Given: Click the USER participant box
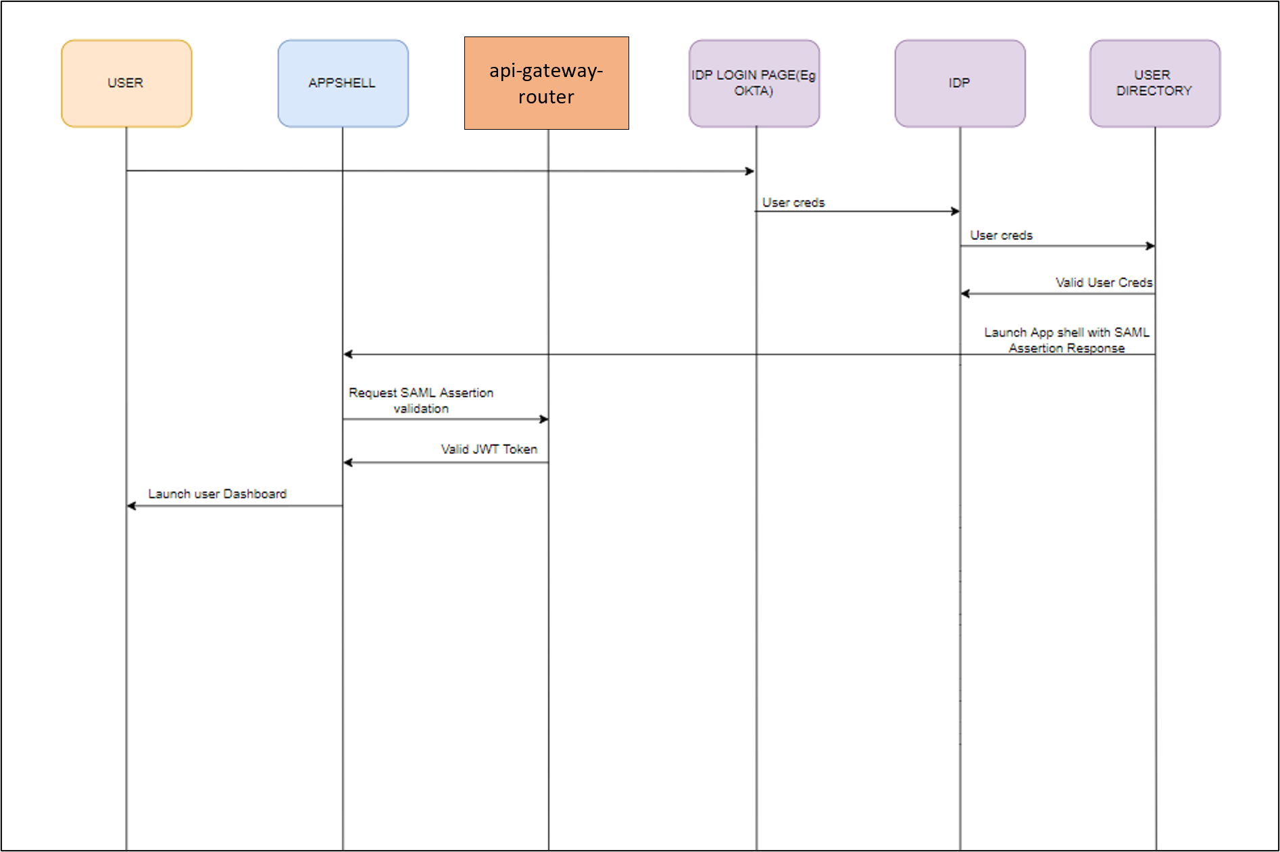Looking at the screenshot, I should (126, 83).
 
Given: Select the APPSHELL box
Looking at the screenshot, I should (343, 83).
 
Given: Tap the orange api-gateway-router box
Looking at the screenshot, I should (546, 83).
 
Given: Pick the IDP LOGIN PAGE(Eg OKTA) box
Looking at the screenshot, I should (754, 83).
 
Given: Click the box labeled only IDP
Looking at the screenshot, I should (960, 83).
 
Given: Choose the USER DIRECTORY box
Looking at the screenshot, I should (1154, 83).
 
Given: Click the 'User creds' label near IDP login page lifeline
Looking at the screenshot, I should (793, 203).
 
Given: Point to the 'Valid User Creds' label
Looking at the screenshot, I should (1104, 282).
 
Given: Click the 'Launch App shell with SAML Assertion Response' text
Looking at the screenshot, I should (1066, 341).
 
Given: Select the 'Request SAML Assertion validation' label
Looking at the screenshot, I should (421, 401).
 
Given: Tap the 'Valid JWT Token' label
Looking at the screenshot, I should (489, 449).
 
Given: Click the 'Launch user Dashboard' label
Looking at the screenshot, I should (218, 494).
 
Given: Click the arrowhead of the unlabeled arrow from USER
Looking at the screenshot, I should (749, 171).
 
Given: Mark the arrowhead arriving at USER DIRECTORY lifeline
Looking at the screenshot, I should (1150, 246).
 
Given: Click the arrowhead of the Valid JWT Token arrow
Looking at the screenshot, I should (348, 462).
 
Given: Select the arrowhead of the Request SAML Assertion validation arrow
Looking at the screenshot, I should (543, 419).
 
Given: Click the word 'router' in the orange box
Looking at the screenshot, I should (546, 97).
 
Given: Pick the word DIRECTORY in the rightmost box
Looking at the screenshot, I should (1154, 91).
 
